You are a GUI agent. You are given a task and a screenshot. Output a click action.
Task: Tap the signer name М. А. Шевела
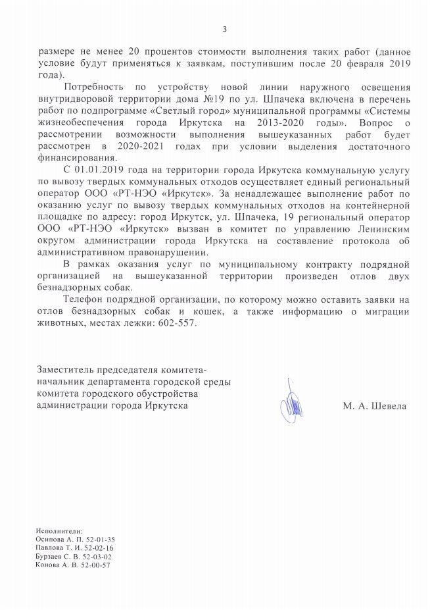[x=374, y=407]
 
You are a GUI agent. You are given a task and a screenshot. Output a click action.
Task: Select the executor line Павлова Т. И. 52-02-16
[x=76, y=547]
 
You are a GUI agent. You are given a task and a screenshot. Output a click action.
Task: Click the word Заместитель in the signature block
[x=66, y=369]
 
